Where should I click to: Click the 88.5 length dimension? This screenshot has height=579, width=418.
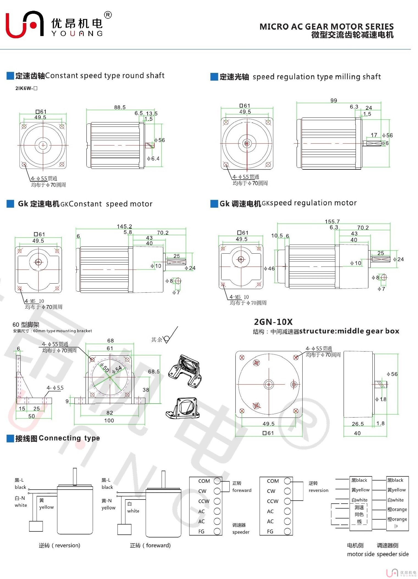(x=120, y=107)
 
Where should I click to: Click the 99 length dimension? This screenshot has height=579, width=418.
(x=334, y=100)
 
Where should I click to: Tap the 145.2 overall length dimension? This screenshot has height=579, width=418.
(x=124, y=226)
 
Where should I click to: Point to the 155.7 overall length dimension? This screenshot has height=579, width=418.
(x=332, y=221)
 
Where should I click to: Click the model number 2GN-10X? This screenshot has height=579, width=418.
(x=273, y=322)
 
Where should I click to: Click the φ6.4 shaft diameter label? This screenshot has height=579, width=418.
(x=153, y=158)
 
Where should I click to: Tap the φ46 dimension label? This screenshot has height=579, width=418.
(x=269, y=268)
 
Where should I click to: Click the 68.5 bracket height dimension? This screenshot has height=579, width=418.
(x=154, y=372)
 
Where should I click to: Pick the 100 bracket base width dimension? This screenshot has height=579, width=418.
(x=109, y=420)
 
